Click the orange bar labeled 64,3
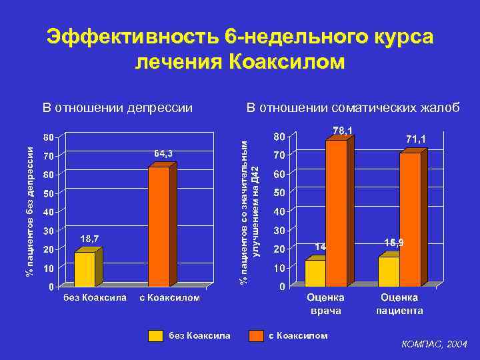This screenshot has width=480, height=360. coord(159,226)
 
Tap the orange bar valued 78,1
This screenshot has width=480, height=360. coord(336,213)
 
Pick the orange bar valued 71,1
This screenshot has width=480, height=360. coord(410,220)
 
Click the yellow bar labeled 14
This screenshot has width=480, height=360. coord(315,273)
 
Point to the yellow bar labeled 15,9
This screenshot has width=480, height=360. coord(389,271)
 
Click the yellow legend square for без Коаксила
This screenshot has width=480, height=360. coord(155,336)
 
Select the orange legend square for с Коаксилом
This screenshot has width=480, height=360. coord(255,336)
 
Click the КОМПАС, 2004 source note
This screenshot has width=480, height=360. coord(434,345)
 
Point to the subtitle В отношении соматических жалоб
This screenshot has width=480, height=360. coord(353,107)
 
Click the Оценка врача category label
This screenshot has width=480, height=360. coord(326,304)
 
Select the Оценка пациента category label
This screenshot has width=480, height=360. coord(400,304)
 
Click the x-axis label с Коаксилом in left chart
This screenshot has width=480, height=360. coord(170,298)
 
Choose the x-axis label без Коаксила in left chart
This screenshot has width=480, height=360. coord(95,298)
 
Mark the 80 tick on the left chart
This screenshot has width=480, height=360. coord(49,137)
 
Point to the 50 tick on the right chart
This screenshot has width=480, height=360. coord(279,193)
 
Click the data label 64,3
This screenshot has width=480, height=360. coord(163,154)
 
